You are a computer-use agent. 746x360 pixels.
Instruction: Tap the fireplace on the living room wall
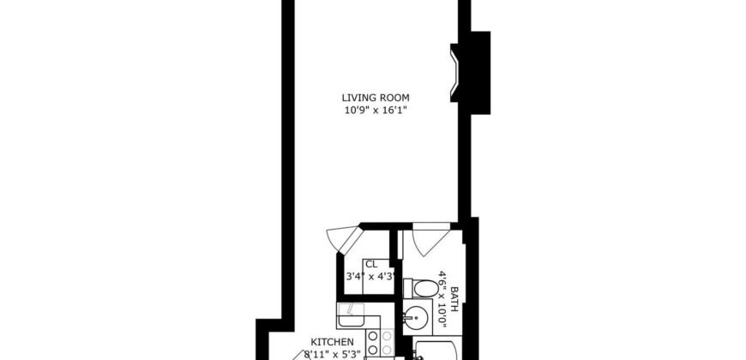(x=454, y=72)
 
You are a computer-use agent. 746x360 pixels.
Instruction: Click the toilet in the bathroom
(x=420, y=286)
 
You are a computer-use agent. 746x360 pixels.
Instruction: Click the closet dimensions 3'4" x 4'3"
(x=369, y=277)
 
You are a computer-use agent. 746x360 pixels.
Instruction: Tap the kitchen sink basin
(x=352, y=320)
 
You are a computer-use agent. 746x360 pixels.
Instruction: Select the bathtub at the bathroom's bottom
(x=437, y=350)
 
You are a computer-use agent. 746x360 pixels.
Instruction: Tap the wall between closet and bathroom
(x=394, y=274)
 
